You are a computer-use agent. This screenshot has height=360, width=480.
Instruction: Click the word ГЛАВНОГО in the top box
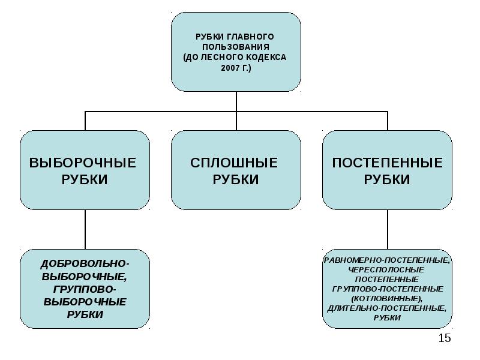251,37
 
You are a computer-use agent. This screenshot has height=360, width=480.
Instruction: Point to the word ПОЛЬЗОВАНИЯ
236,47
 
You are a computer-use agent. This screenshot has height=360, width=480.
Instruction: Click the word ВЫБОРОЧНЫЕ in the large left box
83,163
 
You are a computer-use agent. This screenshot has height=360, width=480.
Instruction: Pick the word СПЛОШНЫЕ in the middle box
234,163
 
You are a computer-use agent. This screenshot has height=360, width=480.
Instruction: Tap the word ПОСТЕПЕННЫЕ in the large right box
387,163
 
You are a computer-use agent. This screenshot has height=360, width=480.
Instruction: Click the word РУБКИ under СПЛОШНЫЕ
236,179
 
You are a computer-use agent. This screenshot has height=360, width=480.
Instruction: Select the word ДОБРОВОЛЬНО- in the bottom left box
85,264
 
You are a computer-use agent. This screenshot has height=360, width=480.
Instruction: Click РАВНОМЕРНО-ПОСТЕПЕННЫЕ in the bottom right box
387,260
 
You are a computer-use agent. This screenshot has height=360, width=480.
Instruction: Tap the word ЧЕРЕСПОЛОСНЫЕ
386,270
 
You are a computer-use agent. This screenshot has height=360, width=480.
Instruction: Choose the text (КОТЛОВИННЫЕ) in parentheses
388,298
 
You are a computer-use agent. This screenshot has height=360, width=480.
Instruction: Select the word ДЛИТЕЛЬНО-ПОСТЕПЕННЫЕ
386,308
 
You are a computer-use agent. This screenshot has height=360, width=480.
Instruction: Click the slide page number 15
445,338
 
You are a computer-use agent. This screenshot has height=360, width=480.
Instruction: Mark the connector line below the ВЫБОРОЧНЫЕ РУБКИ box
85,230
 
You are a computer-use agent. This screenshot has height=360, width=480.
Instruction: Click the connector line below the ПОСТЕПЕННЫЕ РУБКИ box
388,230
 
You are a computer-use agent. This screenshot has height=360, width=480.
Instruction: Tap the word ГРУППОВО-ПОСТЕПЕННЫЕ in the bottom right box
388,289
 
